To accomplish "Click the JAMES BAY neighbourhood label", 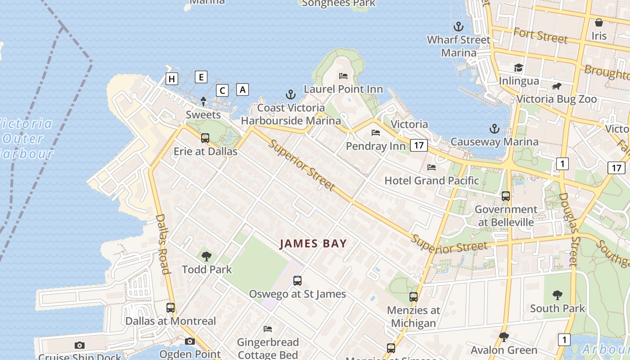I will (313, 244).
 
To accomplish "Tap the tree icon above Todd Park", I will (207, 256).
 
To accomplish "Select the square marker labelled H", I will (171, 79).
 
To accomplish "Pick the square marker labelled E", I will (201, 77).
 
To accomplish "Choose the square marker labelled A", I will (243, 90).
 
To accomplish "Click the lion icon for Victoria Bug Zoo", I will (557, 86).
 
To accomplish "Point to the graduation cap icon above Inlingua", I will (518, 68).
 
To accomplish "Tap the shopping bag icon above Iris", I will (599, 22).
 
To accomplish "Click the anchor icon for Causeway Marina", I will (495, 129).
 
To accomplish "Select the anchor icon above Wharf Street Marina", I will (459, 27).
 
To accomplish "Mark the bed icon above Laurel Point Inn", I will (343, 76).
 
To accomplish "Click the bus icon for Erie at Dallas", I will (205, 138).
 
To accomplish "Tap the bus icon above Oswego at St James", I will (297, 281).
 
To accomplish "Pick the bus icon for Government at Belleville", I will (506, 196).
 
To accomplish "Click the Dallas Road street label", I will (163, 244).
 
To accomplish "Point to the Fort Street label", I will (540, 35).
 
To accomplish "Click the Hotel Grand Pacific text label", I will (432, 181).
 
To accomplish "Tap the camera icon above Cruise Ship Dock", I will (80, 345).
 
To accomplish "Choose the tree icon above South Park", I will (558, 295).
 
